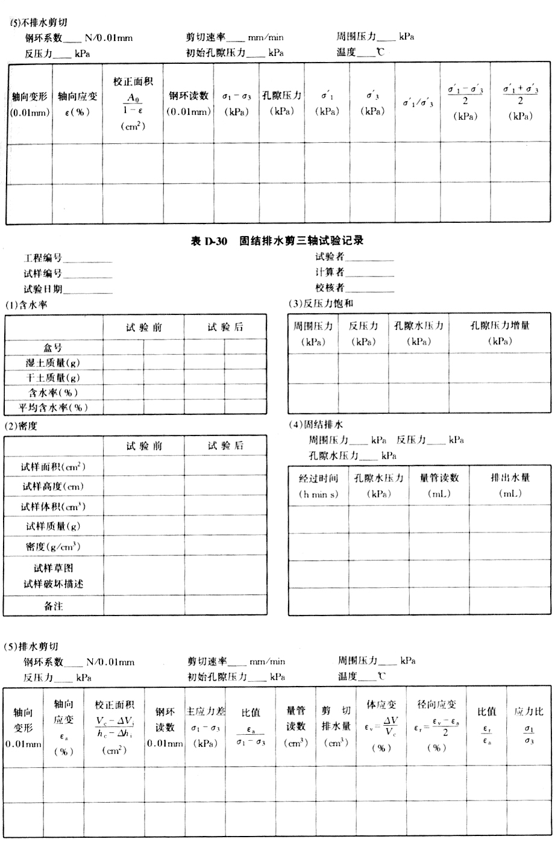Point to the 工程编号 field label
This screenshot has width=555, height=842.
point(43,258)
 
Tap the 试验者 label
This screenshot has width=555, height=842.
point(329,257)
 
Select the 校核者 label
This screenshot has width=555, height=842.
point(329,287)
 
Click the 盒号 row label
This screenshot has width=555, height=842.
point(52,348)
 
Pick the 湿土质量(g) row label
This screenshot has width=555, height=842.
point(52,363)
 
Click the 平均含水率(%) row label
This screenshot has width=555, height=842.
point(52,408)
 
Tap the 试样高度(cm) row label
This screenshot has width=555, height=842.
point(52,487)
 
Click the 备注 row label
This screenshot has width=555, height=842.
point(52,607)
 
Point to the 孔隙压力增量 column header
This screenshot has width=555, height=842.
point(500,326)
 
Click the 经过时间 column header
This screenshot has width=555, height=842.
point(318,478)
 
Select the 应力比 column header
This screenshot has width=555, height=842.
point(528,711)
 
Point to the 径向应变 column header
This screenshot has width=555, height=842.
point(436,705)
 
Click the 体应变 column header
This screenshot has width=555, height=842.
point(381,705)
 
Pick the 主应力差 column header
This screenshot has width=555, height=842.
point(206,711)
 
